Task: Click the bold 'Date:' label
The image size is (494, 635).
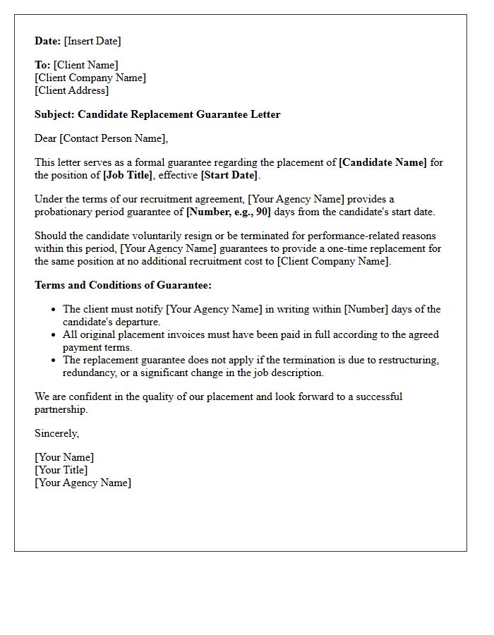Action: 48,41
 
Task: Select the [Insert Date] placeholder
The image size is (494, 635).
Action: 92,41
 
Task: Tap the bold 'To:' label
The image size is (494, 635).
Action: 42,65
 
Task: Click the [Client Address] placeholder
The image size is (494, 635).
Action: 72,90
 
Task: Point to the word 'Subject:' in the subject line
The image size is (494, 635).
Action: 54,114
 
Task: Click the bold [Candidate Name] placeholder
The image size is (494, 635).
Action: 382,162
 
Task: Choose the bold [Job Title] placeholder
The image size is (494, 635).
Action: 128,175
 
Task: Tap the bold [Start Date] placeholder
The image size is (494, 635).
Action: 229,175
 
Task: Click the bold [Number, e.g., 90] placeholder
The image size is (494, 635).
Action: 228,212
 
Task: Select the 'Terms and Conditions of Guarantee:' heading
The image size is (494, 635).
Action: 123,285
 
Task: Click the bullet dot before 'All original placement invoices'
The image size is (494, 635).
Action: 54,335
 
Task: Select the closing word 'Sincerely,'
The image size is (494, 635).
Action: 56,433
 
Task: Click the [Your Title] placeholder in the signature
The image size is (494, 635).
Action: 61,470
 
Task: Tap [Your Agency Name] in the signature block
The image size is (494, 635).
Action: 83,483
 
